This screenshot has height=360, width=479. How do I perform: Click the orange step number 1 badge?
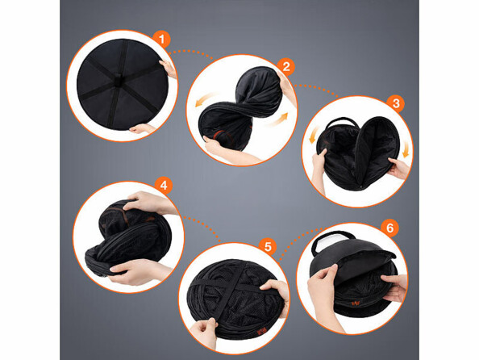click(x=161, y=40)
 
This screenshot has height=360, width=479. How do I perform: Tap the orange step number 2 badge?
click(x=286, y=66)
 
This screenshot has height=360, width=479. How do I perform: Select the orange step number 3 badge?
click(x=396, y=103)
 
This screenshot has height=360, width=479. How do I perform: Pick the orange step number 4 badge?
click(x=164, y=186)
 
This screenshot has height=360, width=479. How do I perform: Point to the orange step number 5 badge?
click(x=268, y=246)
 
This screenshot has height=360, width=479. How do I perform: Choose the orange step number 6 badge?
click(x=389, y=228)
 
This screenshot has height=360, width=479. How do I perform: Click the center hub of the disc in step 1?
click(x=119, y=80)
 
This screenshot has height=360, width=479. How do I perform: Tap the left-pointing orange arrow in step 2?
click(x=206, y=99)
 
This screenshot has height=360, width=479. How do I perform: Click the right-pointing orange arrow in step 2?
click(x=277, y=119)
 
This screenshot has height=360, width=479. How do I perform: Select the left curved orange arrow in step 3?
click(x=314, y=135)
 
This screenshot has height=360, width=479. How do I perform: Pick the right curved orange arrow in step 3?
click(x=406, y=149)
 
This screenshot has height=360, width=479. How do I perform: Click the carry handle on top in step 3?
click(x=342, y=122)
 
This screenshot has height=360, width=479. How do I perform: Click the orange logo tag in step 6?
click(x=356, y=303)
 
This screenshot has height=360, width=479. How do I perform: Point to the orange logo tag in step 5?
click(x=253, y=331)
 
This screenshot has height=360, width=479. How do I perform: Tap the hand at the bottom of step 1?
click(x=141, y=129)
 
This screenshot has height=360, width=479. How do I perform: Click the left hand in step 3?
click(x=319, y=167)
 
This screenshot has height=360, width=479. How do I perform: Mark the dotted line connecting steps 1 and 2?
click(x=191, y=52)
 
